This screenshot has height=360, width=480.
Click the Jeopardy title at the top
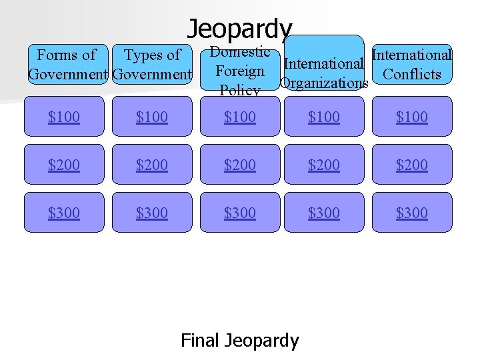pos(239,29)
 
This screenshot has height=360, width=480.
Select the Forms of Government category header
pos(67,64)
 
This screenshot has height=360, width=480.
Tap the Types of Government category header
pos(153,64)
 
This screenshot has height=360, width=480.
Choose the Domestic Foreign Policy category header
pos(240,71)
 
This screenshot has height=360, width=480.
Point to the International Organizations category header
pos(324,73)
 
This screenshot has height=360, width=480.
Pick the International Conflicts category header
pos(412,64)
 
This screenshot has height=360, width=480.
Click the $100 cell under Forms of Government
pos(64,117)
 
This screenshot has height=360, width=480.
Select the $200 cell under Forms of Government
pos(64,165)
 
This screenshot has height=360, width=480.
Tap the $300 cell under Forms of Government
pos(64,213)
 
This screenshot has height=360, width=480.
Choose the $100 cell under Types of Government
pos(152,117)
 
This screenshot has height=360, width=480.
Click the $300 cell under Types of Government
pos(152,213)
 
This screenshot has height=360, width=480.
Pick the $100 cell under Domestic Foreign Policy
pos(240,117)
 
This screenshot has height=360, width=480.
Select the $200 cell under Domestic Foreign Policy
pos(240,165)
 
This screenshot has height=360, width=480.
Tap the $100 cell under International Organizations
pos(324,117)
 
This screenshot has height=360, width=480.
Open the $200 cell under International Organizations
pos(324,165)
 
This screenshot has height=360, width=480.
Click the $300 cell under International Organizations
pos(324,213)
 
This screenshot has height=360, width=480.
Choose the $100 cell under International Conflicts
pos(412,117)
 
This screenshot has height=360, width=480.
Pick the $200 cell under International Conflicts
pos(412,165)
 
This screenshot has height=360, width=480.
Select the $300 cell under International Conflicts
pos(412,213)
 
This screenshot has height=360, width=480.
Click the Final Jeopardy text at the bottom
pos(240,341)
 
